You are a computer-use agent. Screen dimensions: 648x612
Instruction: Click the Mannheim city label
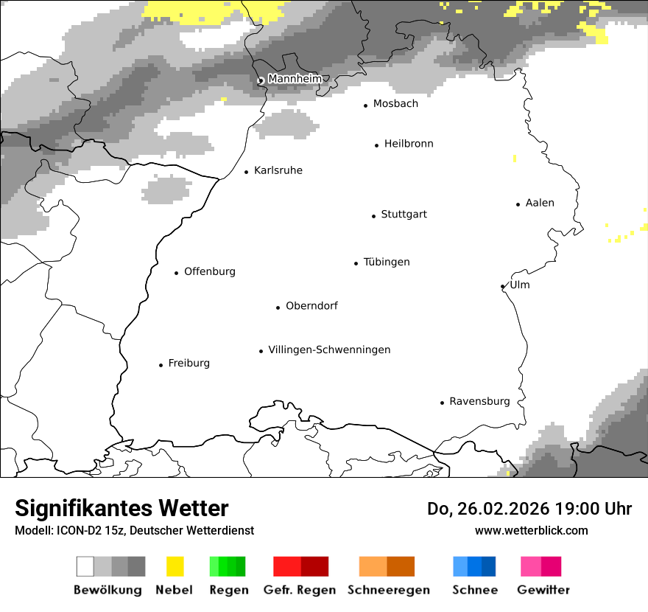295,79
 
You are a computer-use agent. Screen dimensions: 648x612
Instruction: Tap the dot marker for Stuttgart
373,216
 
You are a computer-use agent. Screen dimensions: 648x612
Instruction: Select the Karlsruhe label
278,170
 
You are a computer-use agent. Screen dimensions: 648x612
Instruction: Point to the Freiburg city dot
161,365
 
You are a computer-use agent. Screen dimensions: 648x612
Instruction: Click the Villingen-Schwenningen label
329,350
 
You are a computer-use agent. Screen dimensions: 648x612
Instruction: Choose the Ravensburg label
479,401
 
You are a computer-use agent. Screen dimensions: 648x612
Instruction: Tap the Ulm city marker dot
502,287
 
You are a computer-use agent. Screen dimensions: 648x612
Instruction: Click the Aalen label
540,203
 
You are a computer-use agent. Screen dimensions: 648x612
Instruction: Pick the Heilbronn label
409,144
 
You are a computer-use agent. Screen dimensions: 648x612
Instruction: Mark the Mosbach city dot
365,105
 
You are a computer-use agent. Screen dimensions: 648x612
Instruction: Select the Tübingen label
387,262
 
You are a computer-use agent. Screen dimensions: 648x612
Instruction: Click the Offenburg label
210,271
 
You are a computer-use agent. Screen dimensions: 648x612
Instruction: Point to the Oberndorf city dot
278,307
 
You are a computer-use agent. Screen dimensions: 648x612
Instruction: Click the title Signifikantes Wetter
121,508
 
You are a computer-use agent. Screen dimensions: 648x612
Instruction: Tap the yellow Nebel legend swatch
175,566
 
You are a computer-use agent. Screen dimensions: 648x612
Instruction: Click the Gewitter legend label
543,590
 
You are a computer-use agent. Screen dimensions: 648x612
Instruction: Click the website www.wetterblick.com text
531,530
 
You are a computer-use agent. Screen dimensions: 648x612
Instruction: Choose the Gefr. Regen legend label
300,590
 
